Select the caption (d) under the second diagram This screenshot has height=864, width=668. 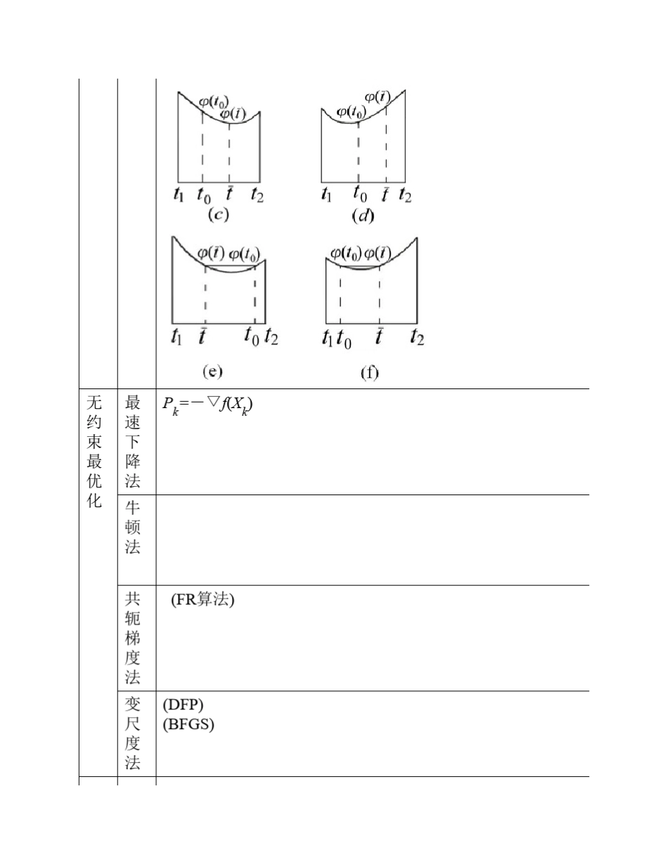(x=363, y=216)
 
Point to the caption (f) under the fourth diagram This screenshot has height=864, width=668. (x=369, y=374)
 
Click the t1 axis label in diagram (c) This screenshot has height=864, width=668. (x=179, y=195)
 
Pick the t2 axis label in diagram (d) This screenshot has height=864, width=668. (x=405, y=195)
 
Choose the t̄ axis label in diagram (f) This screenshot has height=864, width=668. (x=380, y=338)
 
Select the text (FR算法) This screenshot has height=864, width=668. (x=203, y=601)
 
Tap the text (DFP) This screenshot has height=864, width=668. (x=183, y=705)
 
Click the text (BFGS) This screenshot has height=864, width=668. (x=188, y=724)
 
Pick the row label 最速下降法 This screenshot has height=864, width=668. (x=132, y=441)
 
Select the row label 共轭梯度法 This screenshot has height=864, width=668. (x=132, y=638)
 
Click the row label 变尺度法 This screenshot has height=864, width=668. (x=132, y=733)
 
